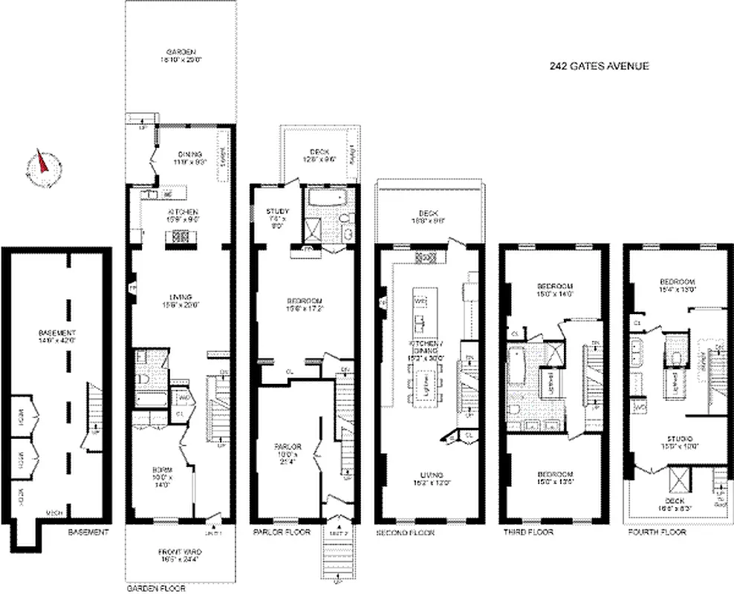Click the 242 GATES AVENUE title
(x=600, y=66)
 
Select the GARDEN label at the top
(x=181, y=52)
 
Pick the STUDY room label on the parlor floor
(x=277, y=212)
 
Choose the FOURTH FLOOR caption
(x=657, y=532)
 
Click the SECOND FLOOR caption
(x=406, y=532)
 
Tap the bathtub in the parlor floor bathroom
(x=324, y=198)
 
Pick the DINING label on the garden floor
(x=181, y=154)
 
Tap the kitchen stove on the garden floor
(x=181, y=238)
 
